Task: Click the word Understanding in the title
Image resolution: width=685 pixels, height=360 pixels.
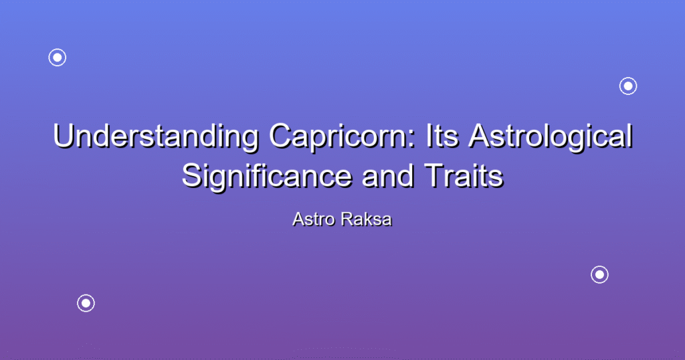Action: (156, 137)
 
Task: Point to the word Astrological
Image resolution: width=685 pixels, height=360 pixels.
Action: (551, 137)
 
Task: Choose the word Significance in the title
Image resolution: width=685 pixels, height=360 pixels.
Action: (266, 177)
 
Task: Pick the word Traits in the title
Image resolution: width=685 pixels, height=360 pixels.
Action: (464, 176)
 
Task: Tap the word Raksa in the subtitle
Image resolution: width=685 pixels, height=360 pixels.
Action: (367, 219)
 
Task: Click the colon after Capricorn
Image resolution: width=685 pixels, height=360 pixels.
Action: (412, 140)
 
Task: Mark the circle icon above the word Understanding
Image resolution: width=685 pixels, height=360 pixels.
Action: (58, 58)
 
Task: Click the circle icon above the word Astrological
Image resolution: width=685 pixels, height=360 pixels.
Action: (628, 86)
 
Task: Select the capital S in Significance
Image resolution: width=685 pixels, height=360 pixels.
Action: (192, 176)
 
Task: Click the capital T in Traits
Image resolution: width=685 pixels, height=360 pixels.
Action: (433, 175)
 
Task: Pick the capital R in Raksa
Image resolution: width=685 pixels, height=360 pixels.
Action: (348, 219)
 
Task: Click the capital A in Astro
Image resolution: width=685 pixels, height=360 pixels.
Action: (299, 219)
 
